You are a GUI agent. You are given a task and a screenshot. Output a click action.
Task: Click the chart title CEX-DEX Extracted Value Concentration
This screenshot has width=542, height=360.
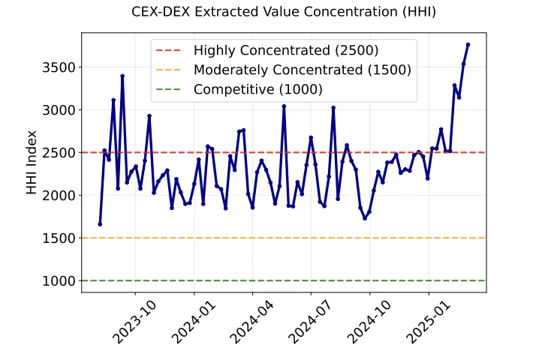click(283, 12)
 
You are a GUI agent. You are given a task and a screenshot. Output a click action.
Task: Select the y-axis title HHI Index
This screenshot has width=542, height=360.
click(32, 163)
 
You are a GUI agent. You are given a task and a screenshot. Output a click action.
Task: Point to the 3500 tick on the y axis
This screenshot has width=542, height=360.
click(59, 67)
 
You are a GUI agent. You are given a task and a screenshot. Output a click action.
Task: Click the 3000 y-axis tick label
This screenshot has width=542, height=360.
click(59, 110)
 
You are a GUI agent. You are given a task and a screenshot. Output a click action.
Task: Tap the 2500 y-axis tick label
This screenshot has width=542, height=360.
click(59, 153)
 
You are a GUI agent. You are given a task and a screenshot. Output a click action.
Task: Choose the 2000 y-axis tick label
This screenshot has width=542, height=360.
click(59, 196)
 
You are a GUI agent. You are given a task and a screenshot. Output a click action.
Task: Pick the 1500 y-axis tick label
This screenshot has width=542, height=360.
click(59, 238)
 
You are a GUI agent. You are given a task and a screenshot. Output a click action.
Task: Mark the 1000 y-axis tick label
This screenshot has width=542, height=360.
click(59, 281)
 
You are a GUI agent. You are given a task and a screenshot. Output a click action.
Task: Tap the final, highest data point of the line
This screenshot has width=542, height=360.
click(468, 44)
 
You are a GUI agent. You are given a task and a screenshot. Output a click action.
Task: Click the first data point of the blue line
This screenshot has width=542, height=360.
click(100, 224)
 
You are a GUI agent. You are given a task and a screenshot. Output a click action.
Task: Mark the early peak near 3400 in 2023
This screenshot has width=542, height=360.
click(122, 76)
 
